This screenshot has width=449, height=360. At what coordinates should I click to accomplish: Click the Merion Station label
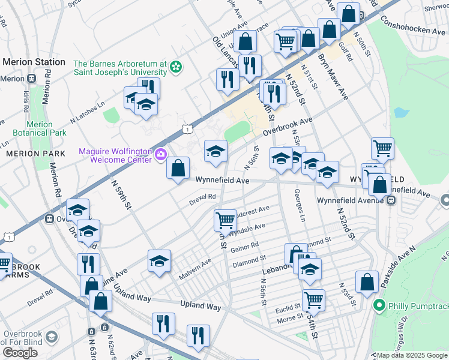tap(34, 62)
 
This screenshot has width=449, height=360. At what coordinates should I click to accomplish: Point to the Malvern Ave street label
tap(195, 269)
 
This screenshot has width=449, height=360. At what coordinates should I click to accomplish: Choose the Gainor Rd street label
tap(244, 246)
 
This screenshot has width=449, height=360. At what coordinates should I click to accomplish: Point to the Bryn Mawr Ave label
tap(333, 77)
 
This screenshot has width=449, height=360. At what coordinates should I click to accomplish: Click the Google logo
tap(20, 353)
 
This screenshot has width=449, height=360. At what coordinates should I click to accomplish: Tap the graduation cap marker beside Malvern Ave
tap(160, 261)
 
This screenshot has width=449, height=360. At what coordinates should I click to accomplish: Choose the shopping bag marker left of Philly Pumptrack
tap(367, 282)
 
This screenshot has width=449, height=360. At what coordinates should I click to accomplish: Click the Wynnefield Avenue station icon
tap(391, 200)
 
